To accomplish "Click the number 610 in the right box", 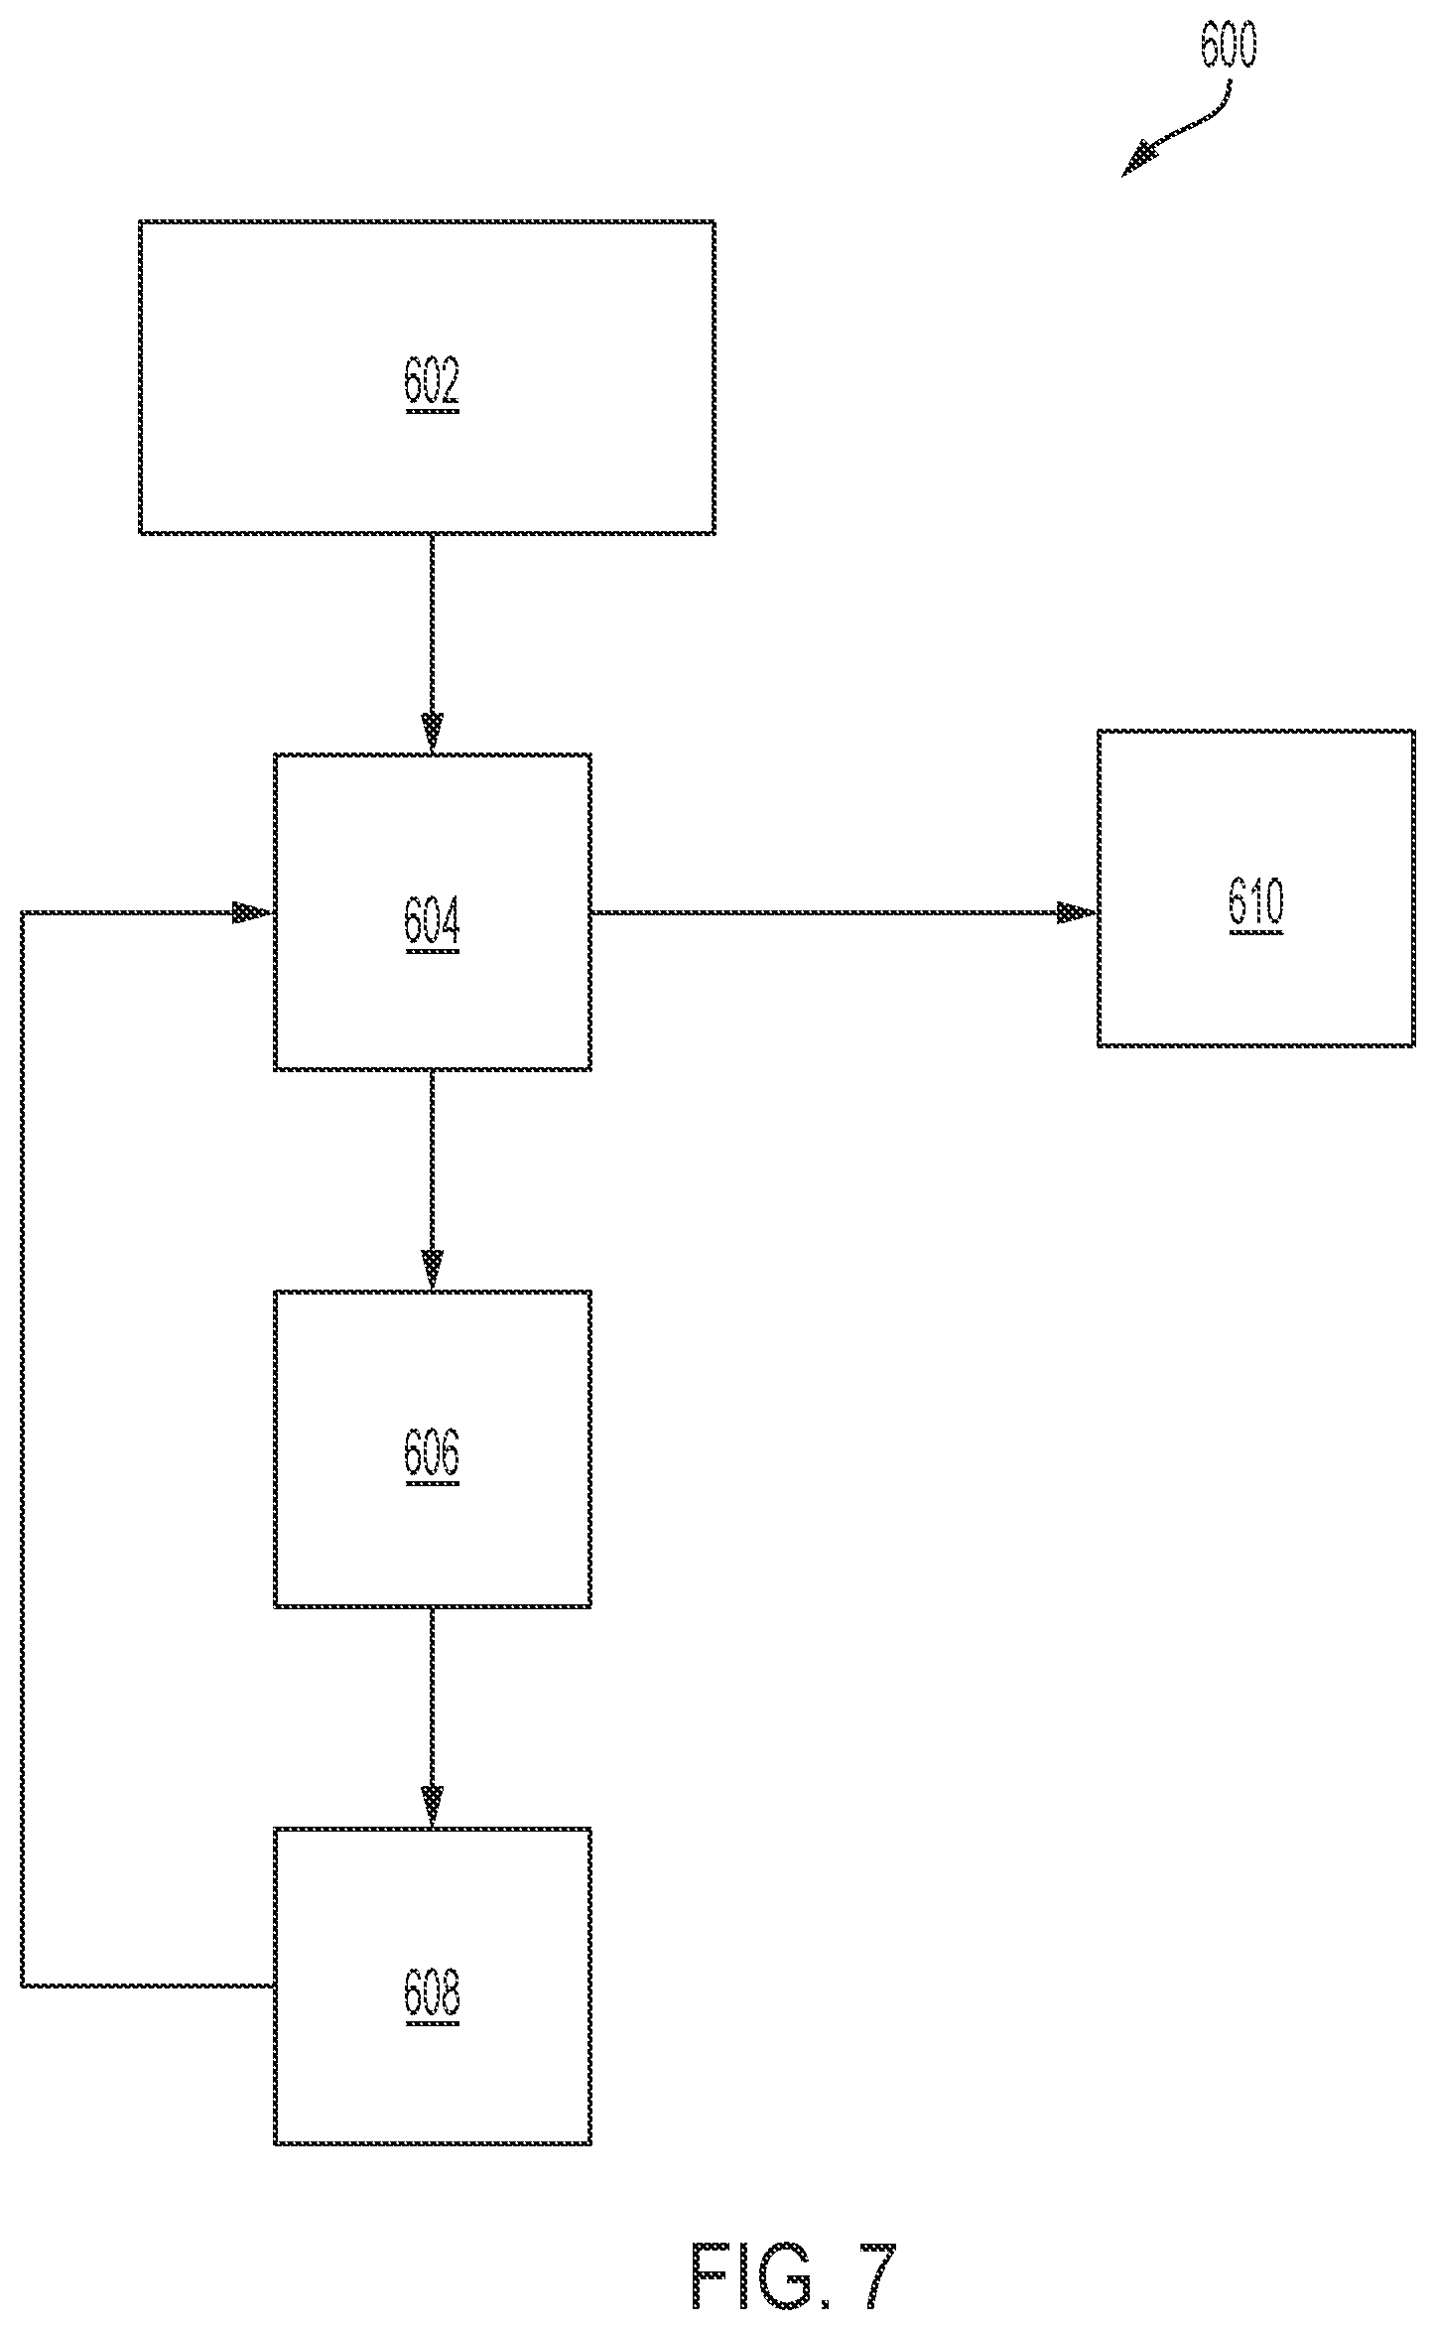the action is click(1256, 902).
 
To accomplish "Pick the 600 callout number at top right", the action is click(1228, 45).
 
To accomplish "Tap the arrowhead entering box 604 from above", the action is click(432, 735).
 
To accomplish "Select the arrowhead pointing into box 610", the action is click(1077, 912).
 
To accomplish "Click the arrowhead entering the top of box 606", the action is click(432, 1271).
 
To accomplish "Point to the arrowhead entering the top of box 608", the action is click(432, 1807).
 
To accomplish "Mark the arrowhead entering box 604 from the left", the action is click(253, 912).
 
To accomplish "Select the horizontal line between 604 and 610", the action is click(845, 912).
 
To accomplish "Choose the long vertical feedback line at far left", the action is click(23, 1449).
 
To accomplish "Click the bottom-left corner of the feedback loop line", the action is click(23, 1986).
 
